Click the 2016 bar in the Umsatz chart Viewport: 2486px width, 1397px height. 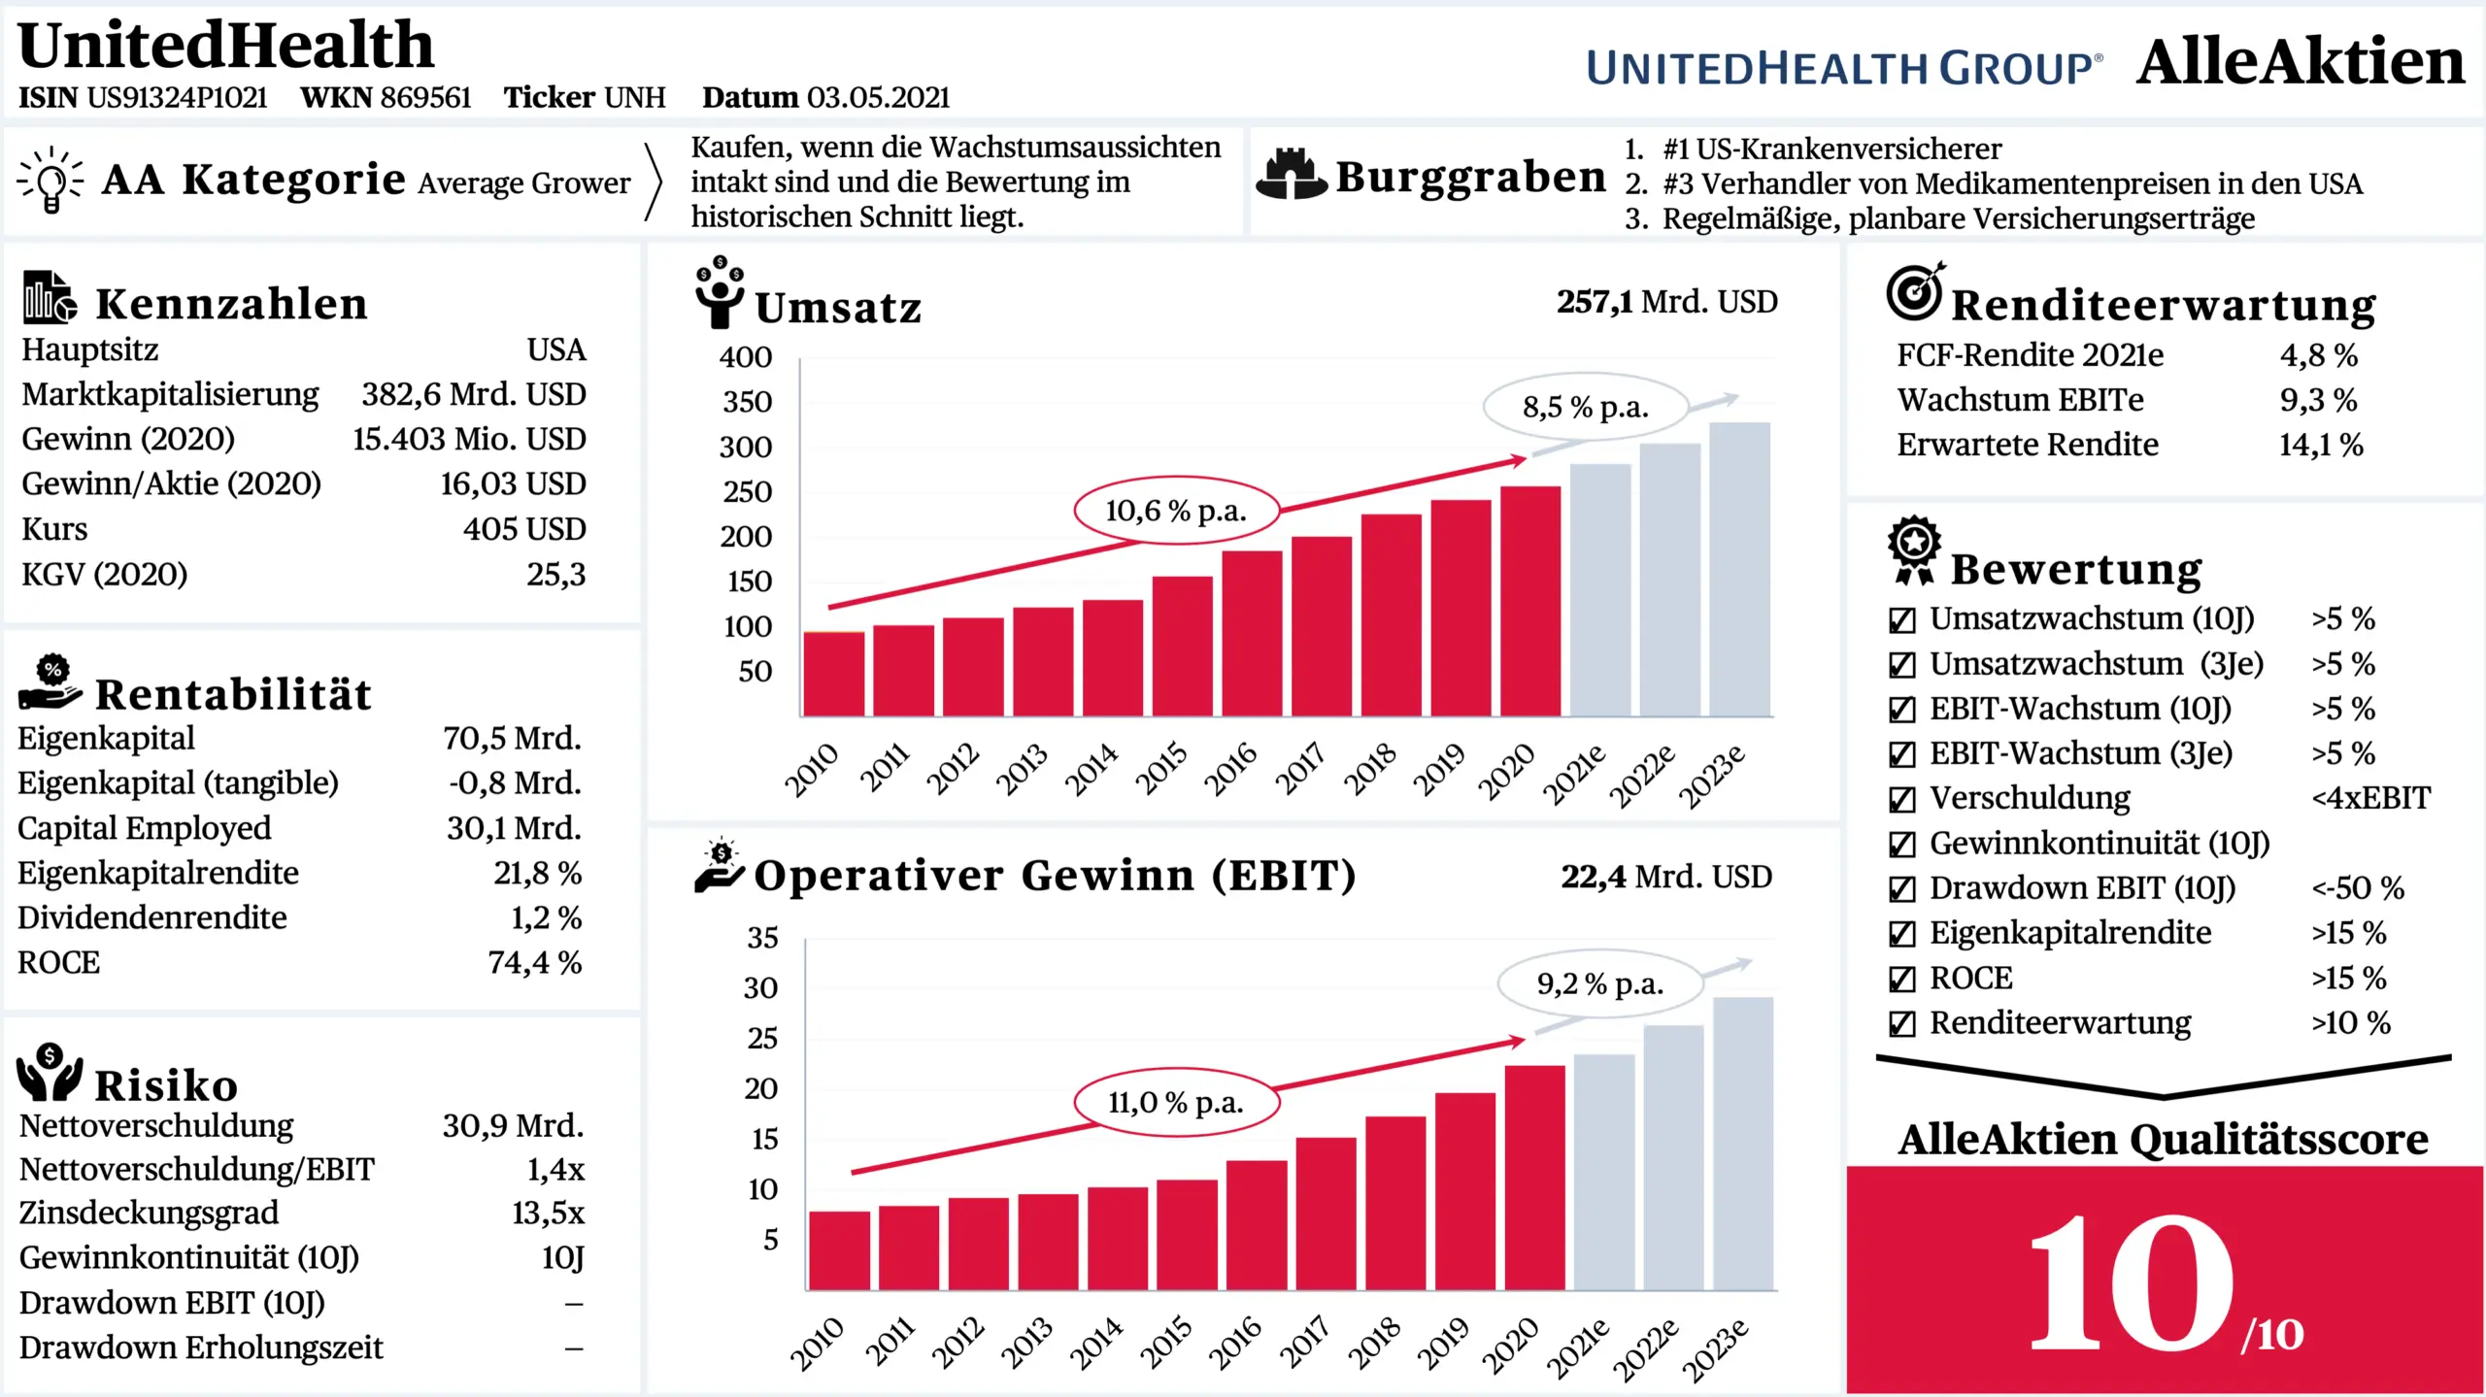(1252, 633)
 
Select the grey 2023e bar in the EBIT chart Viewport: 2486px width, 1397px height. (1743, 1143)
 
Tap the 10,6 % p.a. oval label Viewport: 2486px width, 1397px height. (1176, 511)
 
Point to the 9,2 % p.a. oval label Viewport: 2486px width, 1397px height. (1599, 984)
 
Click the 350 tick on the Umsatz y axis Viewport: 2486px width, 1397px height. (747, 402)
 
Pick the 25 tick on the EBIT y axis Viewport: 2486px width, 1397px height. (762, 1039)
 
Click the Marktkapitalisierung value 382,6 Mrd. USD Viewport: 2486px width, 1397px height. (474, 394)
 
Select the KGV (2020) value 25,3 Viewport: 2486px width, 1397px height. (556, 574)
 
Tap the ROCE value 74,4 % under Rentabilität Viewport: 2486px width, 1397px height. (535, 962)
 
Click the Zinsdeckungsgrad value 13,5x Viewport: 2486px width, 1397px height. (548, 1213)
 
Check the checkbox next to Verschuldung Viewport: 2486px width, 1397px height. (1901, 799)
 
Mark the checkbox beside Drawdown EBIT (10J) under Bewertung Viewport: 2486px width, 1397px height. (1901, 889)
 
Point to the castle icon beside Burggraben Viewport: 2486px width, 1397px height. (1291, 176)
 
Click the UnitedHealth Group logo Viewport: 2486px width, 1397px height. (1843, 68)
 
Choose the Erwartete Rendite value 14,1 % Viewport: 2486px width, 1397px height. (2320, 445)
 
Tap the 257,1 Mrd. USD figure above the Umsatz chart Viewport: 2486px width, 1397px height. (1666, 302)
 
